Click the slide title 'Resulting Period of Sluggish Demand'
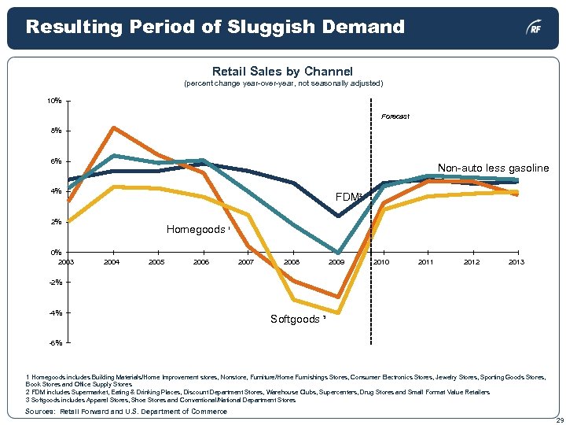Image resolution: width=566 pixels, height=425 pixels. point(215,27)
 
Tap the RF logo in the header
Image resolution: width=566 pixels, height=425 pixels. point(534,28)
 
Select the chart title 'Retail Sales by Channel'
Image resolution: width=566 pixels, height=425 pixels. point(282,72)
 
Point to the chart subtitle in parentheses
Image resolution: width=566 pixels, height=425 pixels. point(282,83)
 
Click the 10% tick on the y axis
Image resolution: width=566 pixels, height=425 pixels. point(54,101)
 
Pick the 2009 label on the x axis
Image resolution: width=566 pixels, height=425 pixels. point(337,261)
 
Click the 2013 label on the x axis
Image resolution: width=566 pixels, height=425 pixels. point(516,261)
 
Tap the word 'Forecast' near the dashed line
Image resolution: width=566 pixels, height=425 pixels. point(395,116)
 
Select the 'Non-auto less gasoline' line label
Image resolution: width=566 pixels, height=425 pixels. point(493,168)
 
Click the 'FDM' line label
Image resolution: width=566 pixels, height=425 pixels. point(347,196)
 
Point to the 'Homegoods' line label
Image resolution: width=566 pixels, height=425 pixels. point(197,230)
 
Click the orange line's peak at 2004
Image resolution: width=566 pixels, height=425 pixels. point(114,128)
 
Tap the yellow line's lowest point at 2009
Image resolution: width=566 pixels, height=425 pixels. point(338,312)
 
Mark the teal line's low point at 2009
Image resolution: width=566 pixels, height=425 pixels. point(338,253)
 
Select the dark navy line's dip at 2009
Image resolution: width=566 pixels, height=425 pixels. point(338,216)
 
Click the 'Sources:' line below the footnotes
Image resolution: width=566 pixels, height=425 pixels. point(126,412)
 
